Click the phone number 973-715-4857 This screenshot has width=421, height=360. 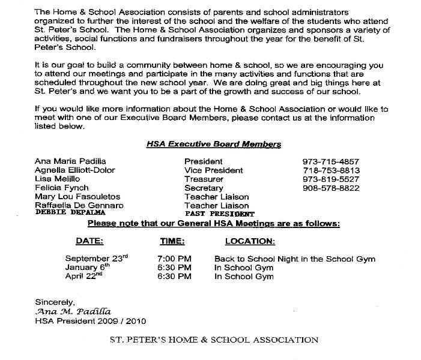[330, 162]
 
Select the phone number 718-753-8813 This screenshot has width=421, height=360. [330, 170]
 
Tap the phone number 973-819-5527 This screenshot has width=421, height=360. [330, 179]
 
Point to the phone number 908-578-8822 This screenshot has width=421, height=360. [330, 188]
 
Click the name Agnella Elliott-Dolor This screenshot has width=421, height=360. [76, 170]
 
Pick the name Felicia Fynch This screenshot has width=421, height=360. [62, 188]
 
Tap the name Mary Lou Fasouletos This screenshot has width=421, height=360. [78, 197]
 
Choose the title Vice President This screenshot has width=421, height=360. [214, 170]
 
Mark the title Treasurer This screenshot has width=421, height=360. [204, 179]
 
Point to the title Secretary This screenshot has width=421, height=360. [204, 188]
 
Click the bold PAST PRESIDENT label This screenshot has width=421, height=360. [220, 214]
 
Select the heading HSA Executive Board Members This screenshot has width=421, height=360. [213, 145]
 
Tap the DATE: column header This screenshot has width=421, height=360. [89, 241]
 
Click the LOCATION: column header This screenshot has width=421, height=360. [250, 241]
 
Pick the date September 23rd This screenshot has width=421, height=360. [96, 259]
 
